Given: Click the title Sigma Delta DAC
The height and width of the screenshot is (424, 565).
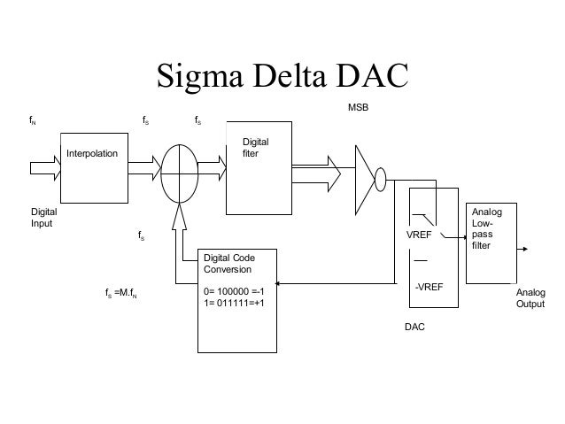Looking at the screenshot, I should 282,77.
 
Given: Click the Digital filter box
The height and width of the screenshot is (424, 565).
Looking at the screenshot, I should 259,168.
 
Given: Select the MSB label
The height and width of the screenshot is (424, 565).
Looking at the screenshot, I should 356,106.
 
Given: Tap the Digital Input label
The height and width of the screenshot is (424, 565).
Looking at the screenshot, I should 44,218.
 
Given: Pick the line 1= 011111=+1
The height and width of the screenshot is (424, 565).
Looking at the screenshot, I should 234,300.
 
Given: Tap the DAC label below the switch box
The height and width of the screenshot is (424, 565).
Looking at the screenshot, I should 414,327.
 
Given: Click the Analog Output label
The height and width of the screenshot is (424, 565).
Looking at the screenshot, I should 530,298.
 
